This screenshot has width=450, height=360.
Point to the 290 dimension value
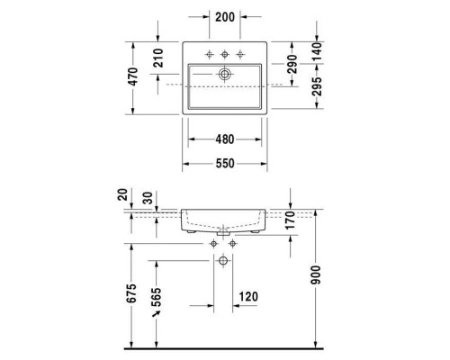(x=292, y=64)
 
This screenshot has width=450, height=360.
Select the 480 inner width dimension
(x=224, y=139)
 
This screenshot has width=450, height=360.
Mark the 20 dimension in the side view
(x=123, y=194)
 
